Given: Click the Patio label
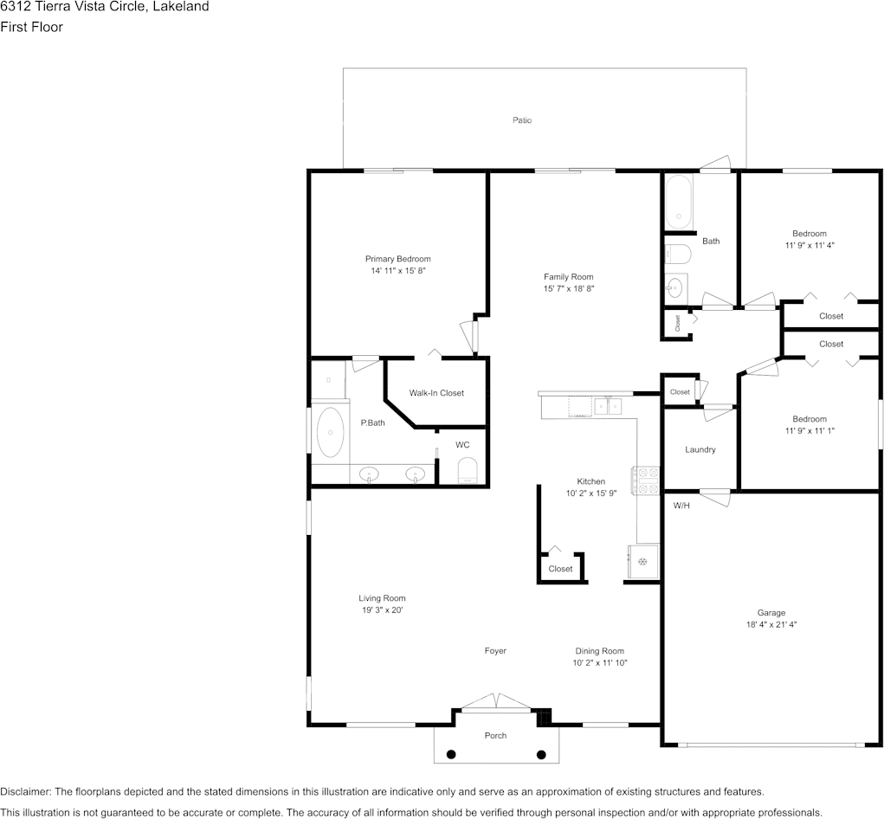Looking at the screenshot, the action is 522,120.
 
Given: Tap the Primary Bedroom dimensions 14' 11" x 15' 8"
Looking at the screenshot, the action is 398,271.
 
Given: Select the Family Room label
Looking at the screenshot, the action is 568,277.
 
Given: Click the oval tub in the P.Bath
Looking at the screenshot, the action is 330,432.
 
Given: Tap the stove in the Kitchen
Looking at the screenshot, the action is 645,481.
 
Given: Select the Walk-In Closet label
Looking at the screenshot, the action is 436,393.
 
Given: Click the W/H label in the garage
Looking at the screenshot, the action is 681,506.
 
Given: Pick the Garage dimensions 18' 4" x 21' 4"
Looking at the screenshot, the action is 771,624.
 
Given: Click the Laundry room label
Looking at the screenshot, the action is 700,449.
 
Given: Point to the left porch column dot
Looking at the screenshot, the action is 451,754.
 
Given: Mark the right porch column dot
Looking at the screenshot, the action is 541,754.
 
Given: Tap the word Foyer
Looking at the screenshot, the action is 495,650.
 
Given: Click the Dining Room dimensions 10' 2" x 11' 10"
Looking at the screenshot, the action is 600,663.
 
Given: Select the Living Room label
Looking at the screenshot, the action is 382,598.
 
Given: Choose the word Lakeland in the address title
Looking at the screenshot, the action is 181,7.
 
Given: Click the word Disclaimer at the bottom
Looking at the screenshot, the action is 25,791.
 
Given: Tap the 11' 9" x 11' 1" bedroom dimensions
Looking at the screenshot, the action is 810,430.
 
